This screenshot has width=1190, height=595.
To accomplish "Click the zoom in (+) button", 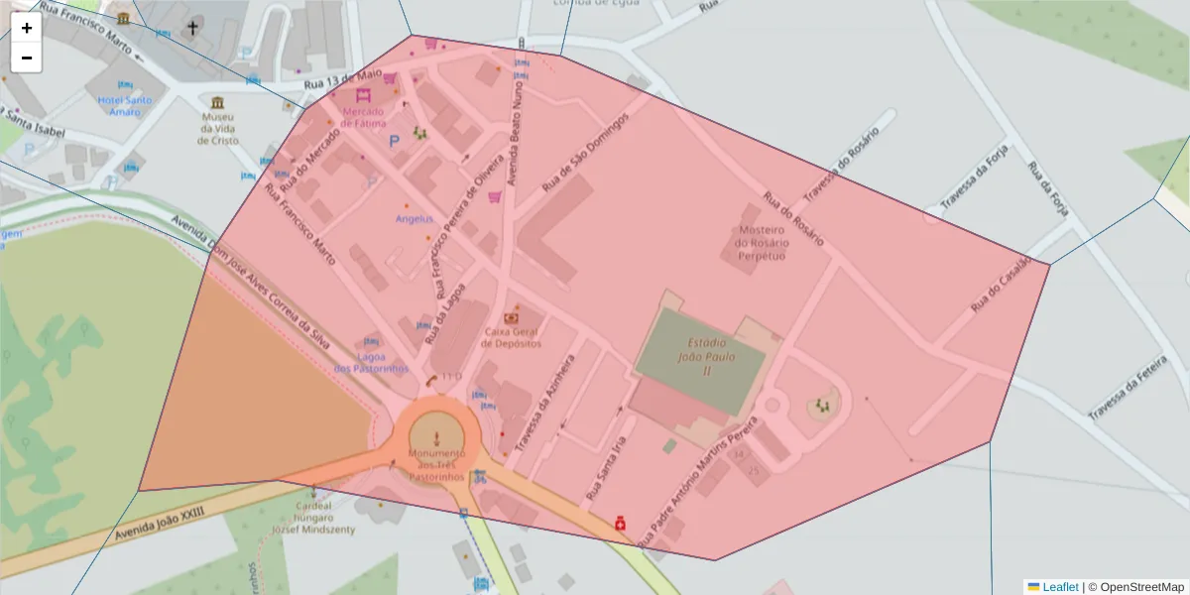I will tap(27, 28).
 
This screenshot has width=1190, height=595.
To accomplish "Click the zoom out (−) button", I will tap(27, 58).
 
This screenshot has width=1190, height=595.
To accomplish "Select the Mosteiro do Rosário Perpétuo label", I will tap(762, 243).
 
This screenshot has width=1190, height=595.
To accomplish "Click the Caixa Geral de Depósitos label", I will tap(512, 337).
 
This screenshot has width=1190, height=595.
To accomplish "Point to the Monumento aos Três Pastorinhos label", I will tap(436, 465).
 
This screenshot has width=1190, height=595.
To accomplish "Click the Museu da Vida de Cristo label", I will tap(218, 128).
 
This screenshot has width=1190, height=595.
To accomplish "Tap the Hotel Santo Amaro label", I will tap(125, 105).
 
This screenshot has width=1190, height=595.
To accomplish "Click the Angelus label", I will tap(415, 218).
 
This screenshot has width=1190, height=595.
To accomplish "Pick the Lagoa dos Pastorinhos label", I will tap(371, 363).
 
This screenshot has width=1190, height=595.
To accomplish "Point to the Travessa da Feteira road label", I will tap(1126, 388).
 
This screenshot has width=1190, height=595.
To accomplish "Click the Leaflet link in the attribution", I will tap(1059, 587).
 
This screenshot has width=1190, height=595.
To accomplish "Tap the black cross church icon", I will tap(192, 28).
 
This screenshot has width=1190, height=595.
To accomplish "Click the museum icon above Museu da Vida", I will tap(218, 103).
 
